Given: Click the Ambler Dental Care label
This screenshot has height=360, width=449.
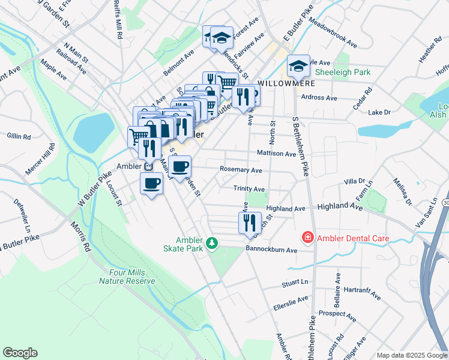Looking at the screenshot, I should [x=353, y=238].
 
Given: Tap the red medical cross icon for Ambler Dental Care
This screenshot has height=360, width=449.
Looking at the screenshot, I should [x=308, y=238].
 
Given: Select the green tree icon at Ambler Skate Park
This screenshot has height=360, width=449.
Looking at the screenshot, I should [x=211, y=243].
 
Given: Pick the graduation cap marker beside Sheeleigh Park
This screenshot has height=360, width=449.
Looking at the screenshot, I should [x=298, y=66].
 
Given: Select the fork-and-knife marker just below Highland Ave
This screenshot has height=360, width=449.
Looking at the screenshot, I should [x=249, y=223].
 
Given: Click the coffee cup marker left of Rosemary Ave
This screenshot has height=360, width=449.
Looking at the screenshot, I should [x=179, y=166].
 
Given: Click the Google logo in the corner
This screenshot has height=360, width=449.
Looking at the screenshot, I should [x=20, y=353].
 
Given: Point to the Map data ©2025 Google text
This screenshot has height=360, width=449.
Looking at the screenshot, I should [x=411, y=355].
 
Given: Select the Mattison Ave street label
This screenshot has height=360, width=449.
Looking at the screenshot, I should [x=276, y=154].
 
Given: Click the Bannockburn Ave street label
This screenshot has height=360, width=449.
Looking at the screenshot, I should [x=271, y=250].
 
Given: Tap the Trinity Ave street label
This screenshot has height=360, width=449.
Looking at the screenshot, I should [x=249, y=188].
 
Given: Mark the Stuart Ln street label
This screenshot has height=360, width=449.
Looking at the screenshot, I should [x=295, y=281].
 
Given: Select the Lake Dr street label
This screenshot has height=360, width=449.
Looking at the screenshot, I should [x=379, y=112].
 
